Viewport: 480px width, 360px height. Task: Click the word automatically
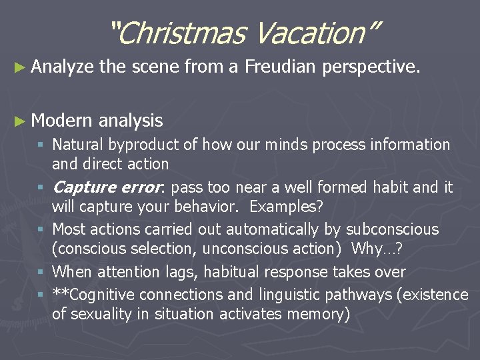(263, 229)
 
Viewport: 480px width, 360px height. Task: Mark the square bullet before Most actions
(41, 230)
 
